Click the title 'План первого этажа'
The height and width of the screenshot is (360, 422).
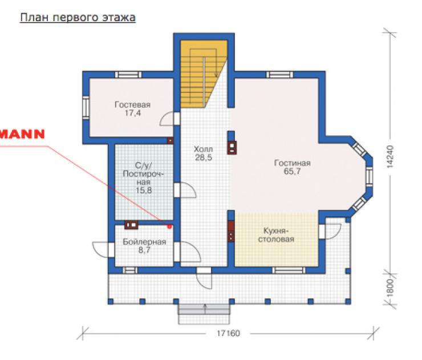point(78,18)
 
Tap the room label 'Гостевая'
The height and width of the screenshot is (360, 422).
point(132,104)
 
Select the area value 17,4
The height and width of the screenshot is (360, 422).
point(133,113)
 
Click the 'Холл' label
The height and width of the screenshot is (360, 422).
point(203,149)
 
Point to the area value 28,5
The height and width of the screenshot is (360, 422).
point(203,157)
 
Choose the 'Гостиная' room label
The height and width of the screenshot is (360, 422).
point(293,163)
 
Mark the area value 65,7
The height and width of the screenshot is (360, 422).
point(293,171)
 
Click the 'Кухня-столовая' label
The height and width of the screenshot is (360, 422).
point(276,235)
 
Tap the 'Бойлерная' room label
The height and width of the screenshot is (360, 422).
point(144,242)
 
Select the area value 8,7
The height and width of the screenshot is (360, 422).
point(144,250)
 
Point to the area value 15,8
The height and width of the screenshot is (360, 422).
point(144,191)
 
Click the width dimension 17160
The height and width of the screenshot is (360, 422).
point(228,333)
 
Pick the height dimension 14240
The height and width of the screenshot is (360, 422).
point(389,157)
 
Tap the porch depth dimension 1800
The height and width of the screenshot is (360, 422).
point(389,288)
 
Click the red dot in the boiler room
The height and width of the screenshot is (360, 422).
point(169,226)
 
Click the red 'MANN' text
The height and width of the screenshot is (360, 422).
point(22,134)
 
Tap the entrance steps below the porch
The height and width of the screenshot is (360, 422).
point(204,314)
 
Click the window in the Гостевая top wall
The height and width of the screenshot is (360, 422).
point(128,75)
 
